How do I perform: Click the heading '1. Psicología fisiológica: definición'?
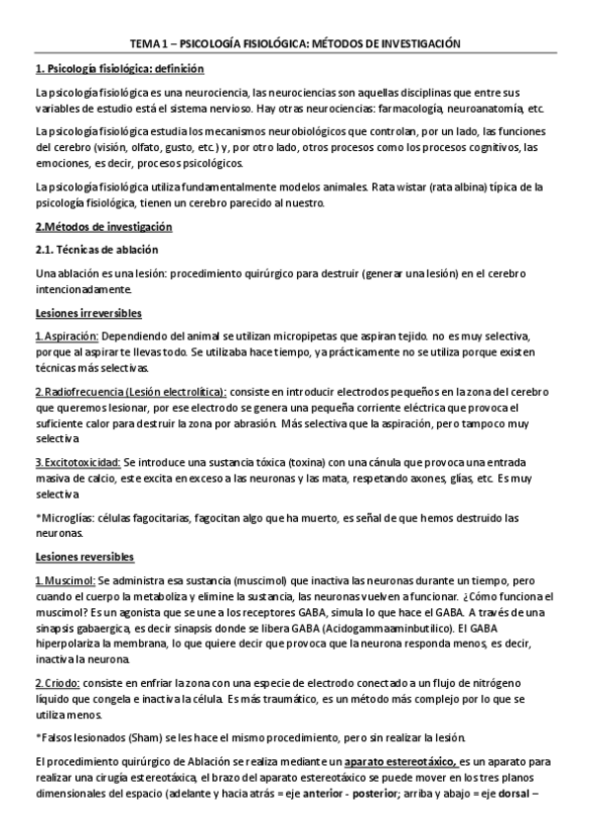[119, 69]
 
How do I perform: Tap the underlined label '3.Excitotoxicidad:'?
[78, 462]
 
